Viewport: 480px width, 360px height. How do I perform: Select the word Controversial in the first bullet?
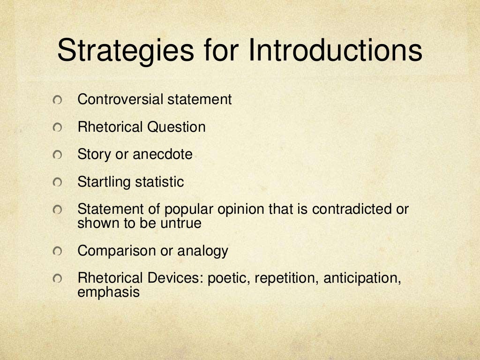[120, 99]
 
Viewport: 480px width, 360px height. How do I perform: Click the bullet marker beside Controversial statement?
[57, 100]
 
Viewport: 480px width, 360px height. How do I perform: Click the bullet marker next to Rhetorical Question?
[57, 128]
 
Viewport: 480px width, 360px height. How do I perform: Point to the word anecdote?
[163, 154]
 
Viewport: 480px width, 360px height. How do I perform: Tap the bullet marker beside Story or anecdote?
[57, 155]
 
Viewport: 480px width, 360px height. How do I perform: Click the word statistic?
[160, 182]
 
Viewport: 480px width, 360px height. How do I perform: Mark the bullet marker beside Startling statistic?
[57, 183]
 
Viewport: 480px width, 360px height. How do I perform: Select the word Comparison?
[117, 251]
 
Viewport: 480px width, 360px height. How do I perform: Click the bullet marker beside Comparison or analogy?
[57, 252]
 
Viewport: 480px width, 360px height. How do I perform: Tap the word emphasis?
[109, 293]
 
